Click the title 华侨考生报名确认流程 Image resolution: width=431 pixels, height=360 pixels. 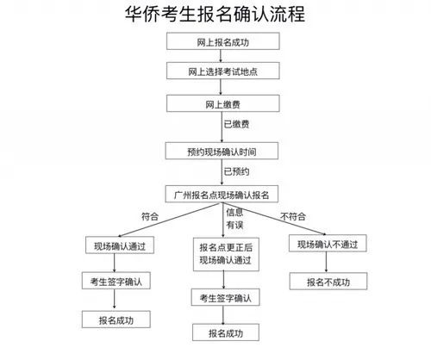click(x=215, y=16)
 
